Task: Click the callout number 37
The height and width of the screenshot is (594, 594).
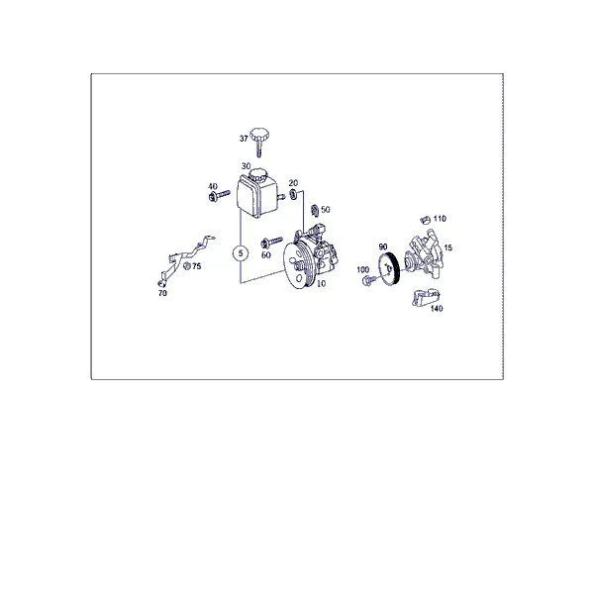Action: coord(244,139)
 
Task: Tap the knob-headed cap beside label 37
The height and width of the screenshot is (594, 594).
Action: coord(259,139)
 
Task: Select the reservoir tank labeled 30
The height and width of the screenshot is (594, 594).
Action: coord(255,194)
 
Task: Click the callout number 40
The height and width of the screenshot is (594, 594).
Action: coord(213,186)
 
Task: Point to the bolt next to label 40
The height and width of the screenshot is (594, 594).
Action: coord(219,196)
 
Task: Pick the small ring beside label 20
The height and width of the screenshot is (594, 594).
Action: coord(293,195)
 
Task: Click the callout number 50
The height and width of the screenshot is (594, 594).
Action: coord(326,210)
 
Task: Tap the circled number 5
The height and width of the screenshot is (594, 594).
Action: coord(241,253)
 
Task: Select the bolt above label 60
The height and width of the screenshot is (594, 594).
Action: coord(271,243)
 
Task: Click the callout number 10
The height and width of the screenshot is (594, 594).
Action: coord(321,283)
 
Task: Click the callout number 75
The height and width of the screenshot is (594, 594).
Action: coord(196,266)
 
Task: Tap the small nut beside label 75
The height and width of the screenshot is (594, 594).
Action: coord(186,266)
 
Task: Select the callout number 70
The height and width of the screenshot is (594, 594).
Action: coord(162,293)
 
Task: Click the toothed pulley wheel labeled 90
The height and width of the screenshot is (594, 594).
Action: coord(389,270)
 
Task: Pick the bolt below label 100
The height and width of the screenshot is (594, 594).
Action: coord(369,280)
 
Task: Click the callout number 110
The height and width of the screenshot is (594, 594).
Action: coord(440,219)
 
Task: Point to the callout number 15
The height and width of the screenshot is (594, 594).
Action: coord(448,247)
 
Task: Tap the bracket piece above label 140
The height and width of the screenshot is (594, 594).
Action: coord(425,297)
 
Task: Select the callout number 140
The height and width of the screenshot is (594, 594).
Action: coord(437,309)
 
